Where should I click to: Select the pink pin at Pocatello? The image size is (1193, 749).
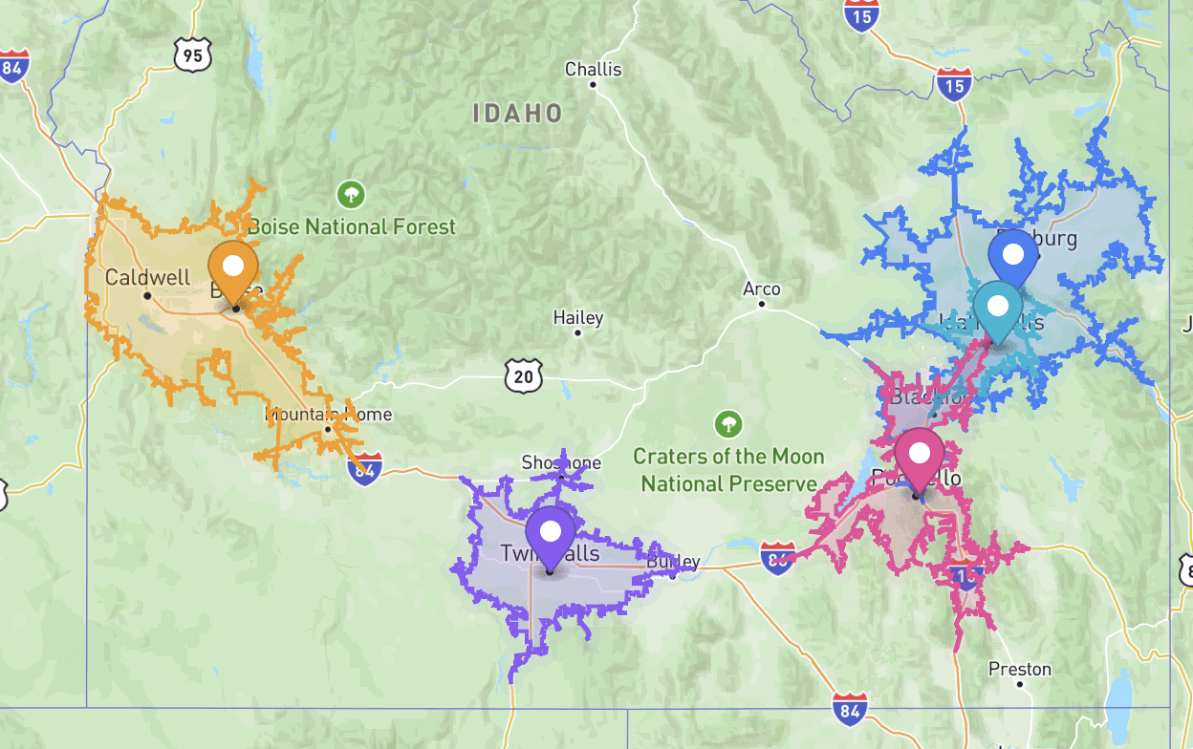coord(919,455)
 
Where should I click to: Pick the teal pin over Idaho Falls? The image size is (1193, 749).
coord(998,308)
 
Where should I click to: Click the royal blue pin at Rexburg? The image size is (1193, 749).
coord(1013,256)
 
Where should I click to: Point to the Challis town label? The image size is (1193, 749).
coord(593,70)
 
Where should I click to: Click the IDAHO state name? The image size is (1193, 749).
coord(517,114)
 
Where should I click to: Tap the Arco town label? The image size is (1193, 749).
coord(762,289)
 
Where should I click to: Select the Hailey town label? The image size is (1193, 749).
coord(578,318)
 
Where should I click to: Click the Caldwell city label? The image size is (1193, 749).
coord(147,278)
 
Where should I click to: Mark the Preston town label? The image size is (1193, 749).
coord(1020,669)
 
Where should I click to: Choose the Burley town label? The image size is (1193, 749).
coord(674,562)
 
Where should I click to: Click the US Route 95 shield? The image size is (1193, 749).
coord(192,56)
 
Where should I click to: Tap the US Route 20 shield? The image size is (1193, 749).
coord(523,376)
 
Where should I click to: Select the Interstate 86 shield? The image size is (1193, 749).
coord(777,558)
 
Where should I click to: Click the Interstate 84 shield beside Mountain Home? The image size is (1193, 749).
coord(365,469)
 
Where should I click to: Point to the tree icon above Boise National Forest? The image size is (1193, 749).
coord(351,196)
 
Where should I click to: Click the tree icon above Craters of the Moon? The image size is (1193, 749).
coord(728,424)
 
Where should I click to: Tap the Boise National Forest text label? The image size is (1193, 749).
coord(352,227)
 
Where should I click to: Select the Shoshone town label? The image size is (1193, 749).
coord(561,463)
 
